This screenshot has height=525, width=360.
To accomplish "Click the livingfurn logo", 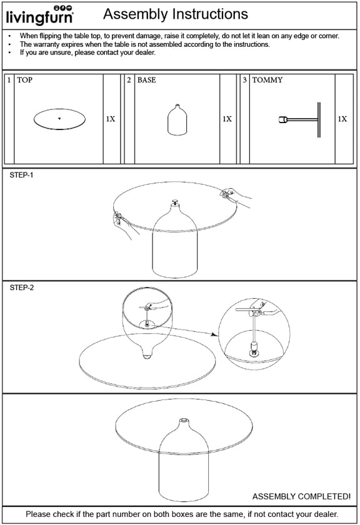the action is [40, 16].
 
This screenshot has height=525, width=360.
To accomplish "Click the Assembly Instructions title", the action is [176, 14].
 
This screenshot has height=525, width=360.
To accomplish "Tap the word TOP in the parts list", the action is [25, 80].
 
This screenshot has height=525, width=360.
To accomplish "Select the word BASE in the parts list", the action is [147, 80].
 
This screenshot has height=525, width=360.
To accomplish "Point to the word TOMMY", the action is [267, 80].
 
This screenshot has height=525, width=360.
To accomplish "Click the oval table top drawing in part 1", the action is [59, 119].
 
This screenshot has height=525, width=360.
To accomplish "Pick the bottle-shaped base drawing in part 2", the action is [177, 120].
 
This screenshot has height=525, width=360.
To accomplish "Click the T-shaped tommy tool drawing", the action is [300, 119].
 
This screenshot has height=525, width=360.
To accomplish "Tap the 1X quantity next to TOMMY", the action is [342, 119].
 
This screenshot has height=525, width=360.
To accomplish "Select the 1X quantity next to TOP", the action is [111, 119].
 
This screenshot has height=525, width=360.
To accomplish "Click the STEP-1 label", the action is [21, 175].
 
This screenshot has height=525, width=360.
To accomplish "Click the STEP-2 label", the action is [22, 287].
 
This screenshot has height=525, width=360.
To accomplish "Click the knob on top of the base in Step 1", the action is [174, 202].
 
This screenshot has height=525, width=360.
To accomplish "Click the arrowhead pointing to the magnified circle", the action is [214, 334].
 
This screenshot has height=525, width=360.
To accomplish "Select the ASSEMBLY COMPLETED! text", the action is [301, 496].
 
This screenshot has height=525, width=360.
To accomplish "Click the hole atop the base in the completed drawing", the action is [184, 420].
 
